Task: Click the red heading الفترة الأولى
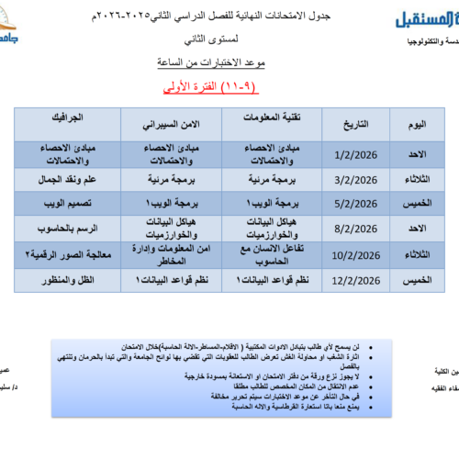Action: point(227,86)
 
